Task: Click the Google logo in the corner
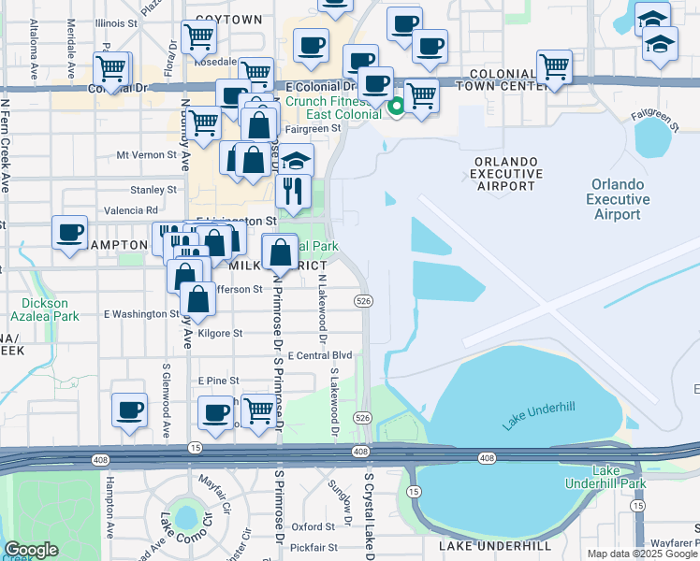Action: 31,551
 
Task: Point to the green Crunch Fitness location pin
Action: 396,108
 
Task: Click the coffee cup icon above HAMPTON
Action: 68,231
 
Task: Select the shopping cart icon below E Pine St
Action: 257,410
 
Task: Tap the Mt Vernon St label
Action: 146,154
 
